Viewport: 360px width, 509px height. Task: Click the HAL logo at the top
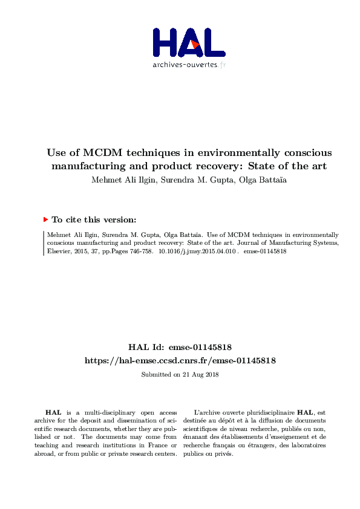pyautogui.click(x=188, y=42)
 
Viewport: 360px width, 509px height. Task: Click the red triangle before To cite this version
pyautogui.click(x=45, y=219)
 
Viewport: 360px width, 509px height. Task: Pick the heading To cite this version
pyautogui.click(x=94, y=220)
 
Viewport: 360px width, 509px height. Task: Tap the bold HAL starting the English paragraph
pyautogui.click(x=53, y=412)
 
